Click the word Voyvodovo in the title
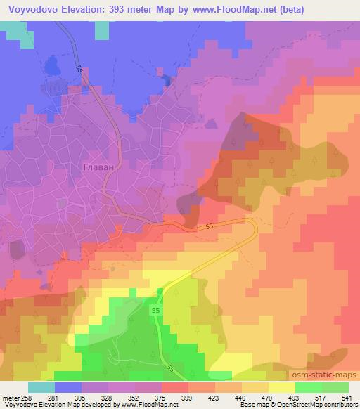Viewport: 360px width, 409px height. coord(34,9)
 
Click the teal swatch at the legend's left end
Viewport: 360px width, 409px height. coord(41,387)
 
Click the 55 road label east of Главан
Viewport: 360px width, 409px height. coord(210,227)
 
